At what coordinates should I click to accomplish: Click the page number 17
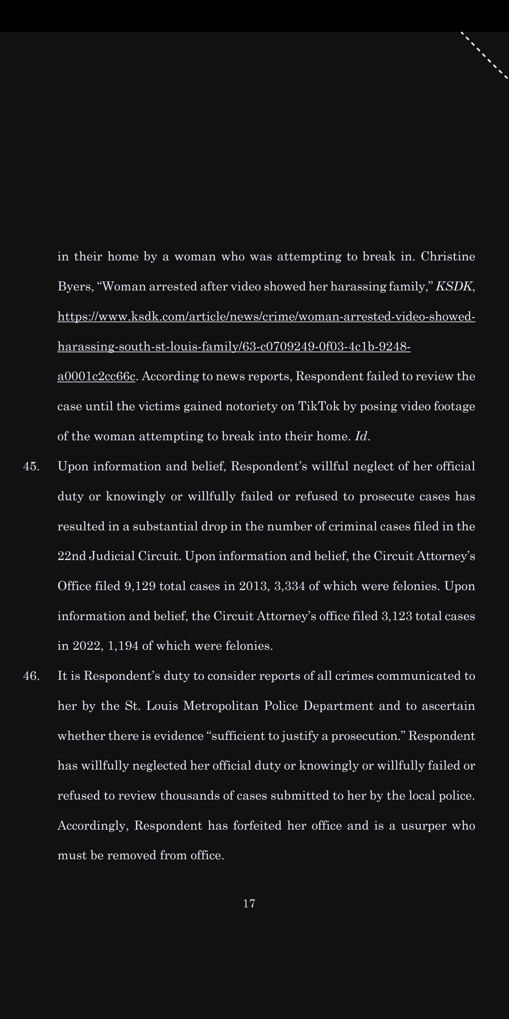pos(249,903)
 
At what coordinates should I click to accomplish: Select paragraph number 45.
pos(31,466)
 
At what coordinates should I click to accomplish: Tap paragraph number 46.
pos(31,676)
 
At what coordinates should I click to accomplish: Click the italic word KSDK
pos(454,287)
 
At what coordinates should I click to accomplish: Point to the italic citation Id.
pos(362,436)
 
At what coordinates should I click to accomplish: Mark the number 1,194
pos(123,646)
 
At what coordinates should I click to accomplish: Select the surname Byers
pos(75,287)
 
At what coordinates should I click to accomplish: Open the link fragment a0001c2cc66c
pos(96,376)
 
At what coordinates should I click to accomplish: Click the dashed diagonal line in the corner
pos(485,55)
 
